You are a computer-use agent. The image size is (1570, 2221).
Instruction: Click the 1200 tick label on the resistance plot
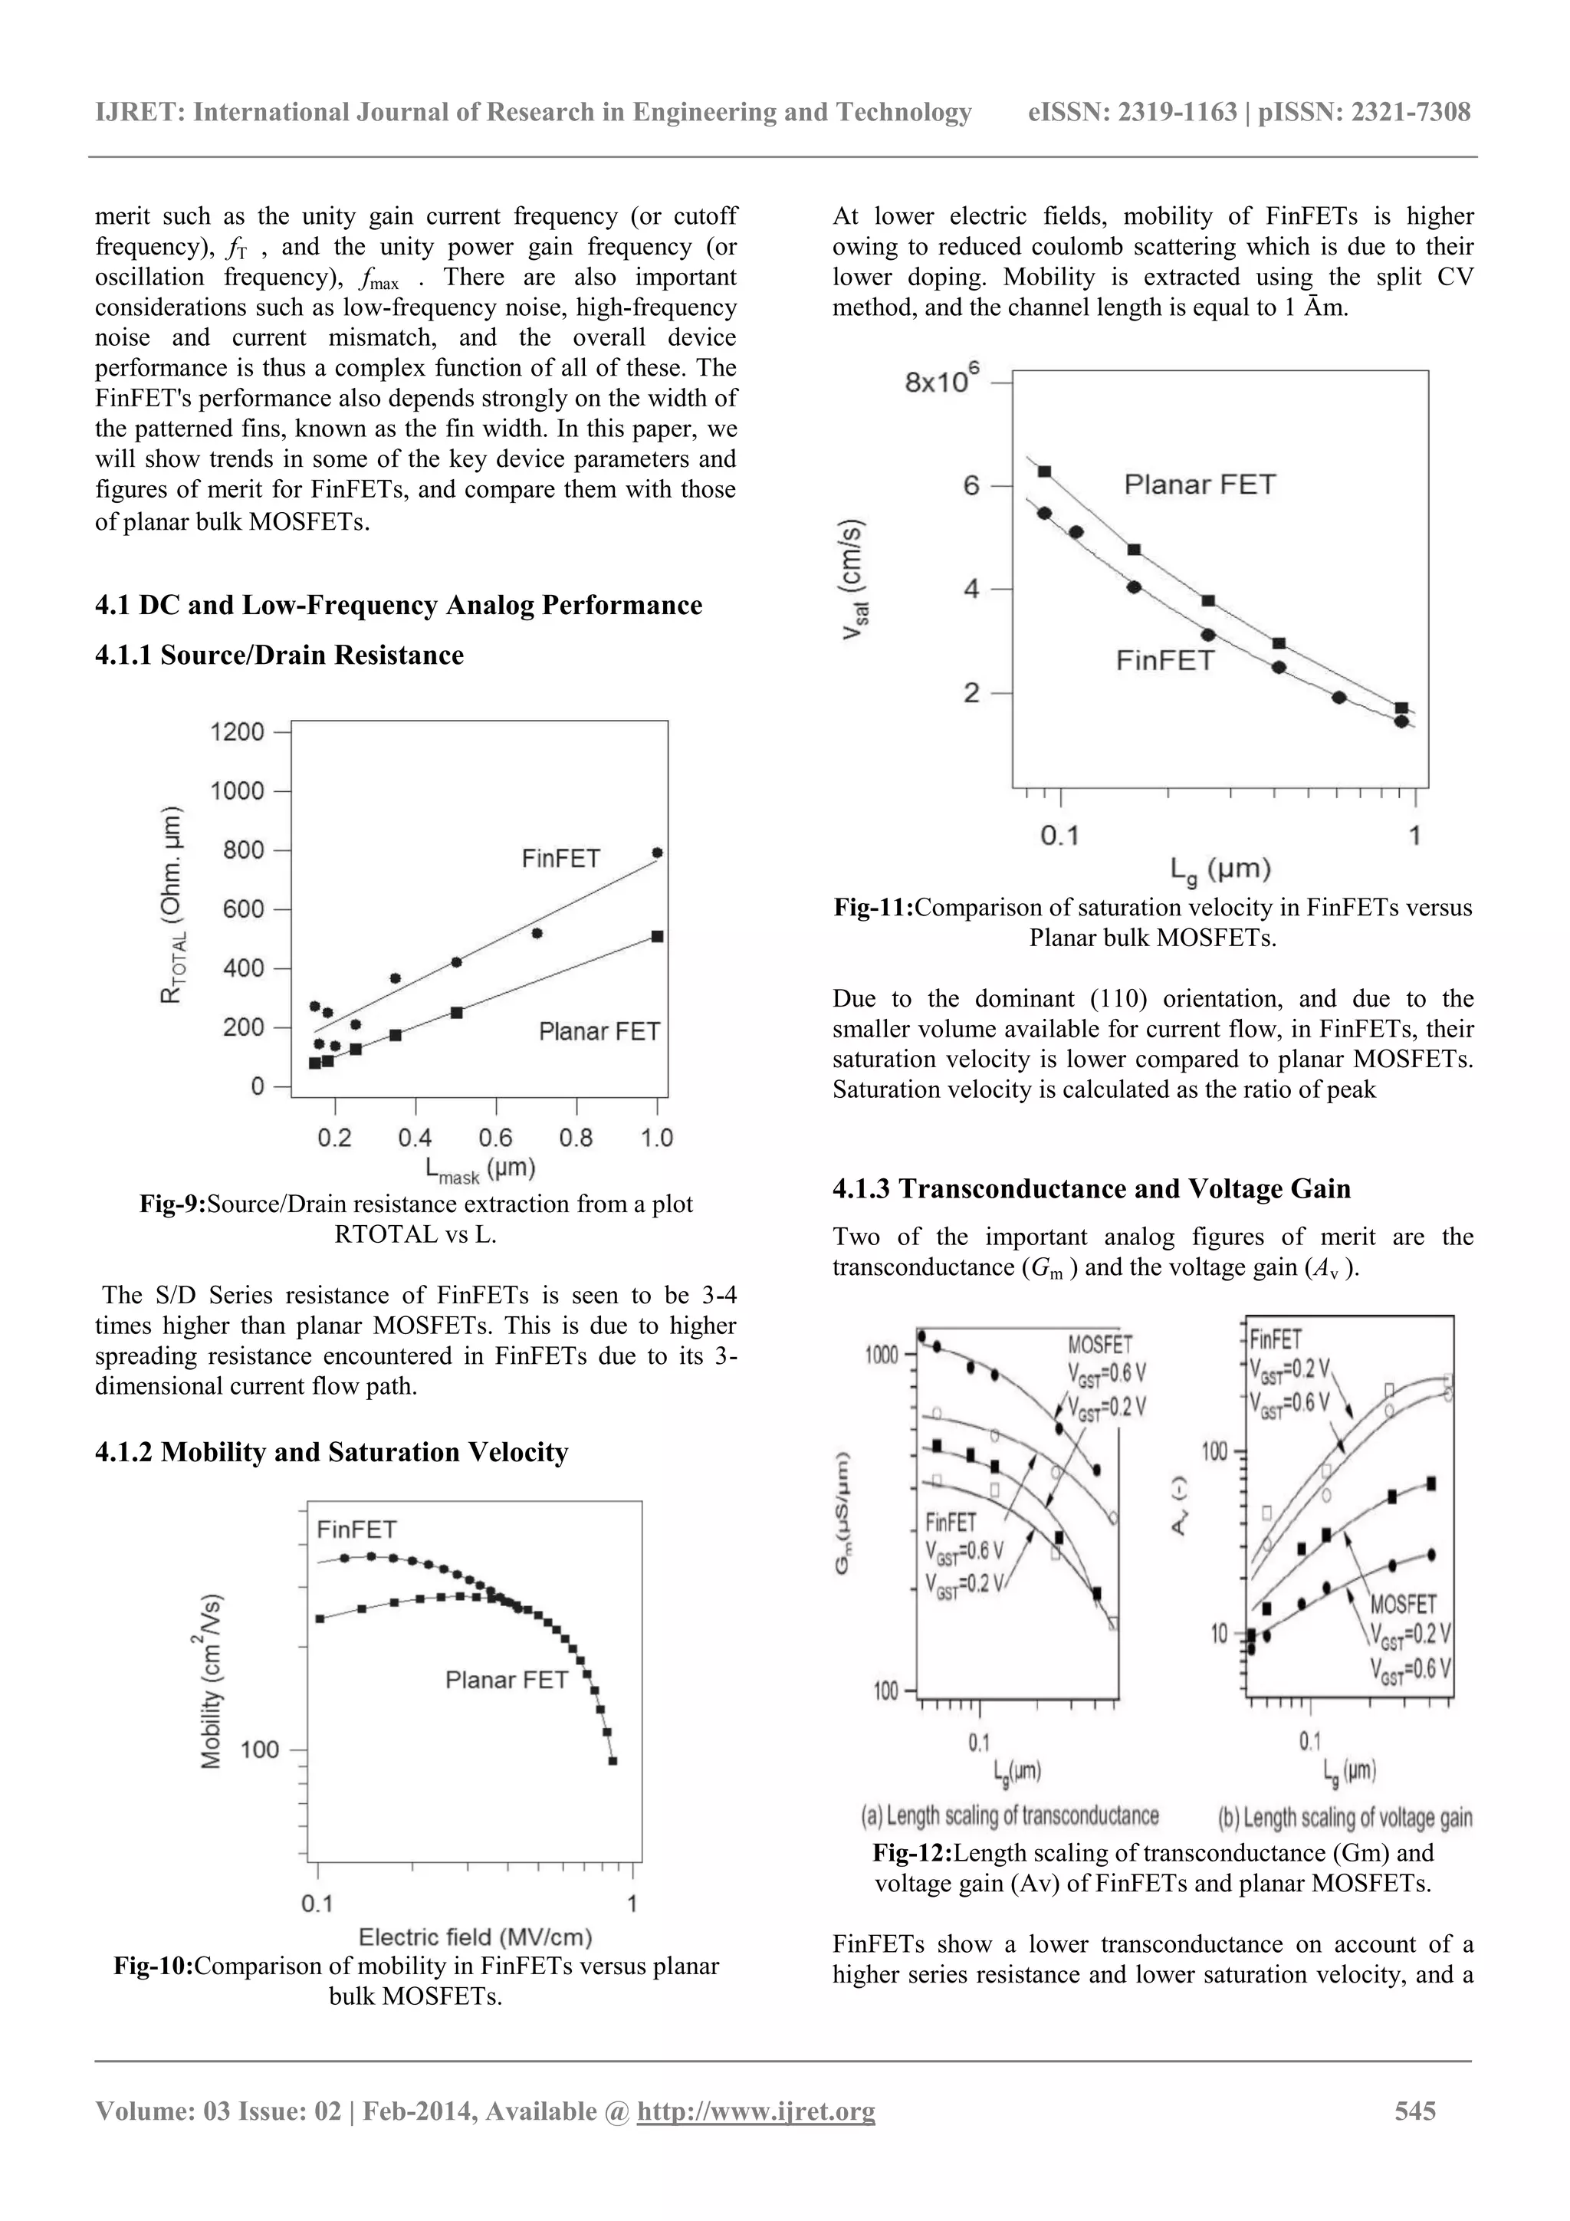tap(237, 732)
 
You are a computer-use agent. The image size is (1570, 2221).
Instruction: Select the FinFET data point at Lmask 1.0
tap(658, 853)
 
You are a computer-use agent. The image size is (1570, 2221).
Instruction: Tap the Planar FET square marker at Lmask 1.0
tap(658, 936)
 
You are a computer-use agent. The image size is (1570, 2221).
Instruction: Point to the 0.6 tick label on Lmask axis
tap(496, 1138)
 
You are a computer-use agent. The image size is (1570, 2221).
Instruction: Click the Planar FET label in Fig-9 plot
tap(599, 1032)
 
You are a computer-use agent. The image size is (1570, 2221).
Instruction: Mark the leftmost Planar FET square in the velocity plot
tap(1045, 472)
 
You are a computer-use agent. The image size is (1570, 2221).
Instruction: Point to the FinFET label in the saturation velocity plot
tap(1164, 661)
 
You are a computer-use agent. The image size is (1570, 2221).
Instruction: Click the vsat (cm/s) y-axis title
tap(855, 580)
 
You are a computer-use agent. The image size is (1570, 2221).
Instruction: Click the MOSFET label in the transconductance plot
tap(1100, 1344)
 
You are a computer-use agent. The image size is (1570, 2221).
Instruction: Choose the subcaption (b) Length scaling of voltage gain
tap(1345, 1818)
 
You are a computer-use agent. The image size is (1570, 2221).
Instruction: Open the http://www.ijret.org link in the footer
tap(756, 2111)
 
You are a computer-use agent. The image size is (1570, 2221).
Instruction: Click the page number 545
tap(1415, 2111)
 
